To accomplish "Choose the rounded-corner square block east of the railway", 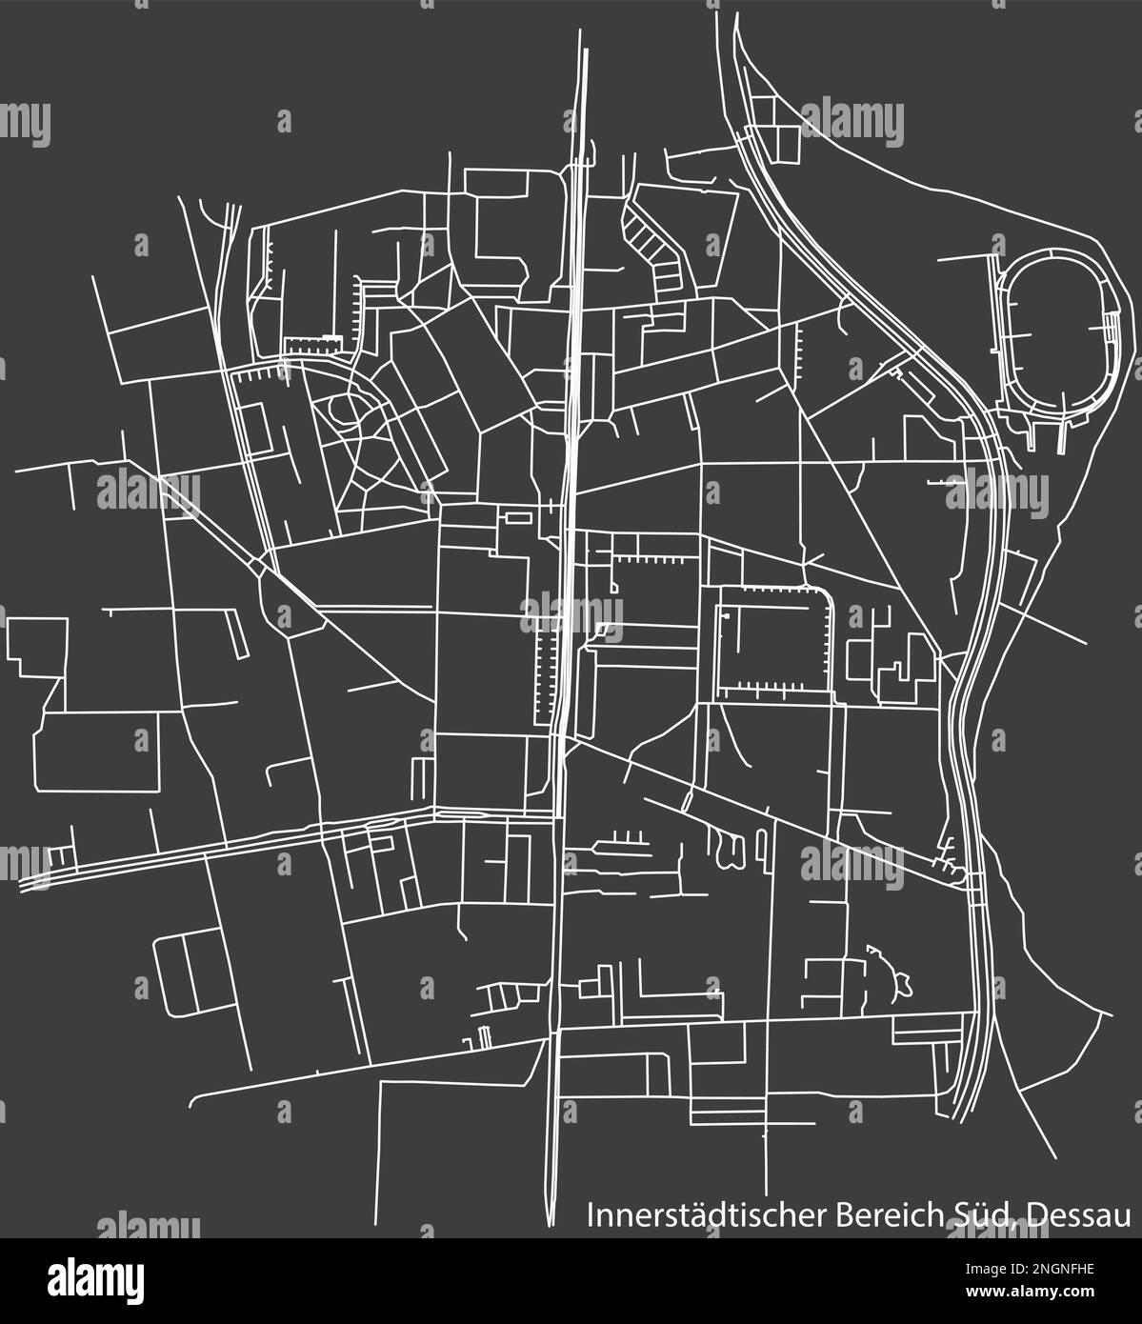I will click(772, 639).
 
